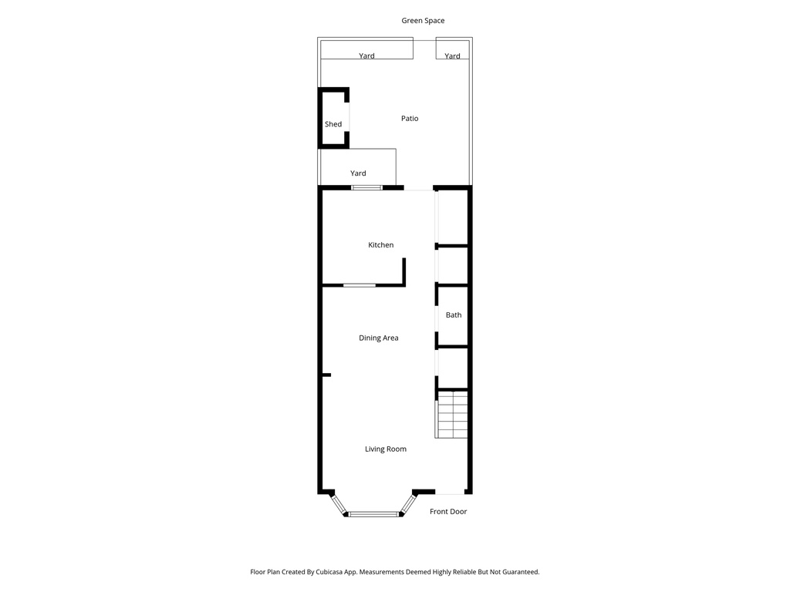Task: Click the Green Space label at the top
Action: [423, 21]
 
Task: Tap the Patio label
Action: [410, 119]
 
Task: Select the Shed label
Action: [333, 124]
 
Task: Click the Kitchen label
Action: [380, 245]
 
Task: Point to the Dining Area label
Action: [379, 338]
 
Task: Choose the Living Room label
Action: [386, 449]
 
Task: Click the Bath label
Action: [454, 315]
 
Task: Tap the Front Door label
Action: [448, 512]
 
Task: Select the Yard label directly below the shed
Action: [358, 173]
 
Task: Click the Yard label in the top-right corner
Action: [452, 56]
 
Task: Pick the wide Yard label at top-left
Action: [367, 56]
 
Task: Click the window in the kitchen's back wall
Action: [366, 187]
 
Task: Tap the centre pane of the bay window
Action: [372, 513]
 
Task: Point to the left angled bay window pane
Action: [338, 504]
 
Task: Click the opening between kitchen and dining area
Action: [360, 285]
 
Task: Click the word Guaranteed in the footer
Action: [518, 572]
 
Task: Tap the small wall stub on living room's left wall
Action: [326, 375]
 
